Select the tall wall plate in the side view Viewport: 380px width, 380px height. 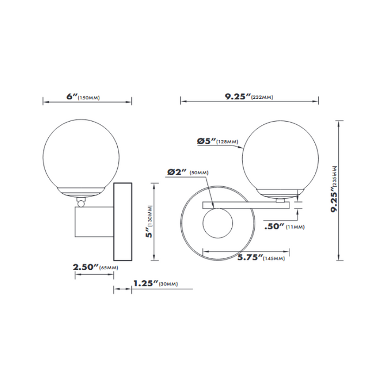[122, 222]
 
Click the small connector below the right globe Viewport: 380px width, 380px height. [280, 200]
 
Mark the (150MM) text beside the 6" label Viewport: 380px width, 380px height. [89, 98]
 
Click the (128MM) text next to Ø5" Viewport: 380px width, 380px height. [227, 142]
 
